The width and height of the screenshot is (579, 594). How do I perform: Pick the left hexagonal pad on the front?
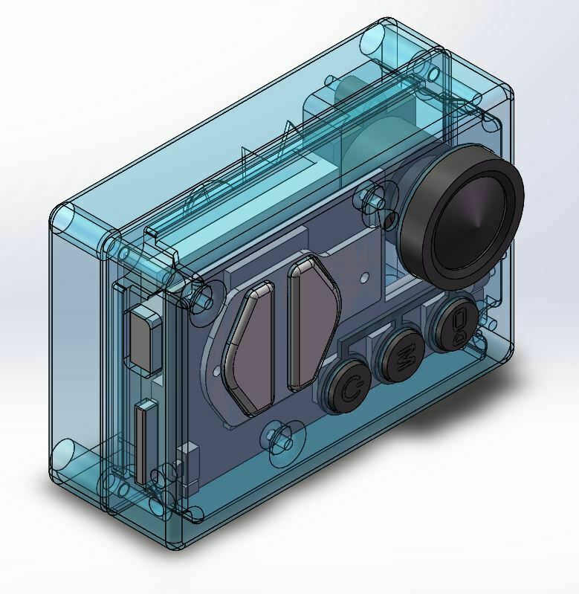pyautogui.click(x=251, y=346)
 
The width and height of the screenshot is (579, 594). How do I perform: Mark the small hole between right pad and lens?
pyautogui.click(x=363, y=277)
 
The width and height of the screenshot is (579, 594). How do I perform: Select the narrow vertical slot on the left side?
pyautogui.click(x=141, y=442)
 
